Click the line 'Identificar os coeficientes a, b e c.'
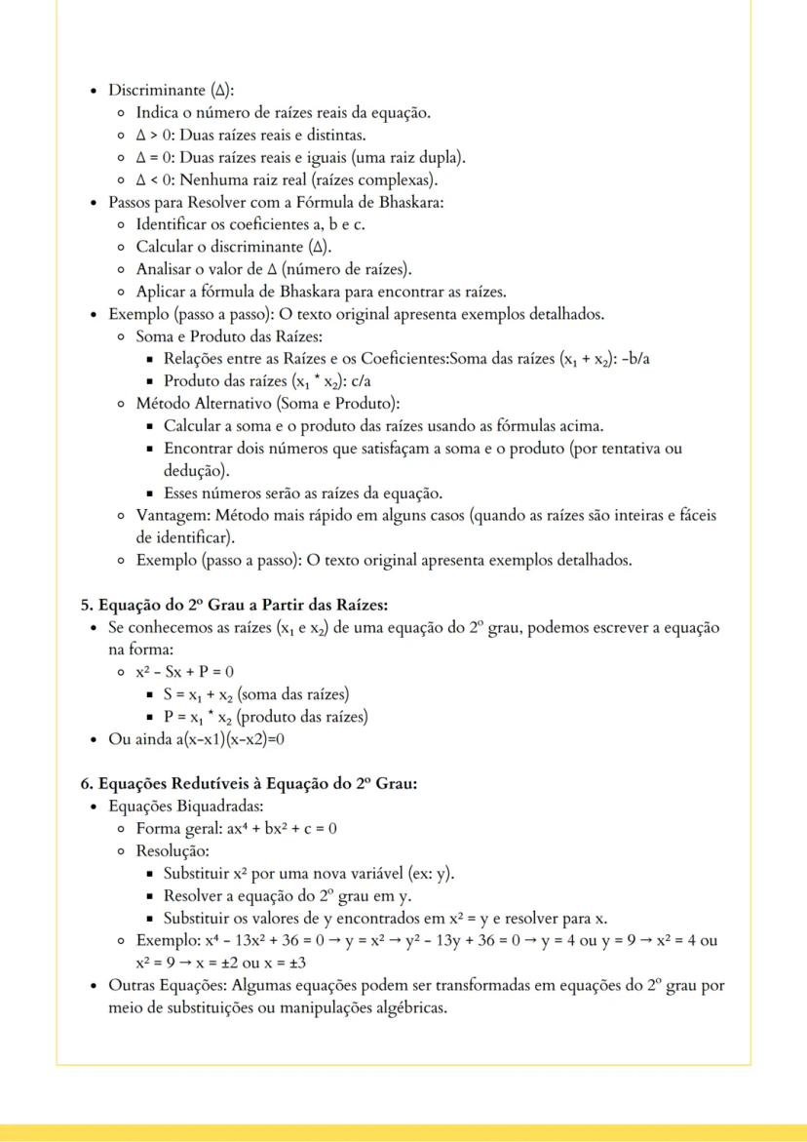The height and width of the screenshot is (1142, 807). pos(250,224)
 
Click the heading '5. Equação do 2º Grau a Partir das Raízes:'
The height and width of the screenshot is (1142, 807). pos(234,605)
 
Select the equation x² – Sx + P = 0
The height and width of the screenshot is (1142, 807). pos(184,672)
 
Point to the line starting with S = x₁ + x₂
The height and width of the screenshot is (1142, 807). pos(256,694)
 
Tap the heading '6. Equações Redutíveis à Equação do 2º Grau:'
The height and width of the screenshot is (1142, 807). pos(249,783)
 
